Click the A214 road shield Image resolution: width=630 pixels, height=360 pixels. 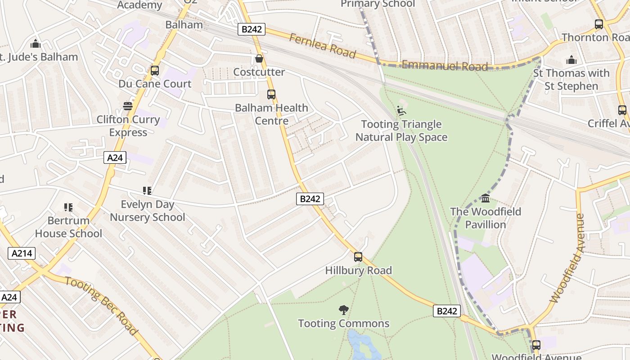click(x=22, y=253)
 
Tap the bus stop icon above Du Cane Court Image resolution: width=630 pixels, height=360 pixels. click(x=155, y=71)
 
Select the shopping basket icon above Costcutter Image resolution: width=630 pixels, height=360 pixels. click(x=259, y=58)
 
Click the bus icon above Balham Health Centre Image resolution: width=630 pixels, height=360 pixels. click(x=271, y=94)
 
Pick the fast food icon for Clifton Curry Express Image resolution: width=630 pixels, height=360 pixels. click(x=128, y=106)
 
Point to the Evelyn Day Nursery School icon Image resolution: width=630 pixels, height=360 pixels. click(x=147, y=191)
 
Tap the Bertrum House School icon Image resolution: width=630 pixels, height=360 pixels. click(x=68, y=207)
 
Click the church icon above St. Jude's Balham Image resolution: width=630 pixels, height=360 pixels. click(x=35, y=44)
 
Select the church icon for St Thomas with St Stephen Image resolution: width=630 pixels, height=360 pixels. click(x=571, y=60)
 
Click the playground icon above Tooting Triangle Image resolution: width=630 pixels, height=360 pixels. click(x=401, y=111)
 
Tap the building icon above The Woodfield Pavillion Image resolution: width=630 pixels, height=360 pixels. click(x=486, y=198)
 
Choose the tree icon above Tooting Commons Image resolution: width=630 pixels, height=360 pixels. click(x=344, y=310)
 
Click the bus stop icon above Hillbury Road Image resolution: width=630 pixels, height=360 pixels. click(x=358, y=257)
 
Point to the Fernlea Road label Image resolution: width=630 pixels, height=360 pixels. click(x=322, y=46)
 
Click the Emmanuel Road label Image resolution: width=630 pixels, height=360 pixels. click(x=444, y=66)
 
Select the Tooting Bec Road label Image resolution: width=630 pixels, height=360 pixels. click(x=101, y=306)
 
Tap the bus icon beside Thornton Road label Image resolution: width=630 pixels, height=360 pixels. click(x=598, y=24)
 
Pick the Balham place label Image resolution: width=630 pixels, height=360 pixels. click(x=184, y=24)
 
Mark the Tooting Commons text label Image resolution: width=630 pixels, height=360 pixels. click(x=344, y=324)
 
